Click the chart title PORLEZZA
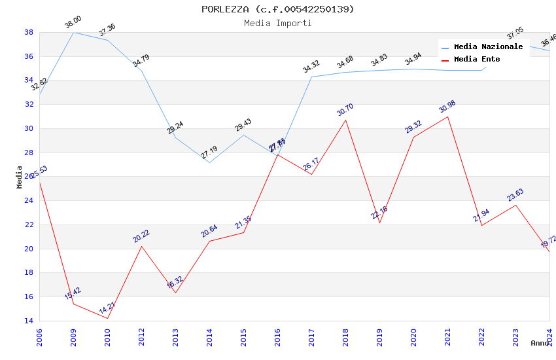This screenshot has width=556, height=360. point(277,9)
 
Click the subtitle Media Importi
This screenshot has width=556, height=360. point(277,24)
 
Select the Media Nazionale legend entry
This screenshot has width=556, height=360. point(488,47)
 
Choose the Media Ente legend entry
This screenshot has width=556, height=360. point(477,60)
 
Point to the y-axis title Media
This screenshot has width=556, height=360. point(20,177)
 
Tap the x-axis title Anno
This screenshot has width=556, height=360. point(540,343)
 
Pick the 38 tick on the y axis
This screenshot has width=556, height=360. point(29,32)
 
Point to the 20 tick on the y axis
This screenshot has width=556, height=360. point(29,249)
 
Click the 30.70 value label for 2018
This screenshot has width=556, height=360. point(345,109)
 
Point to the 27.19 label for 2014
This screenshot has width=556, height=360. point(209,153)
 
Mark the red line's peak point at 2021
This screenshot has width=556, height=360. point(447,117)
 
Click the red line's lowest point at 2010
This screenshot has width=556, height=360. point(107,318)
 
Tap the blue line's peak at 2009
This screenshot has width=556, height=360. point(73,32)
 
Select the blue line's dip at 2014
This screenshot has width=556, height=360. point(209,162)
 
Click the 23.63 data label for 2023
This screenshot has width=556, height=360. point(515,195)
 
